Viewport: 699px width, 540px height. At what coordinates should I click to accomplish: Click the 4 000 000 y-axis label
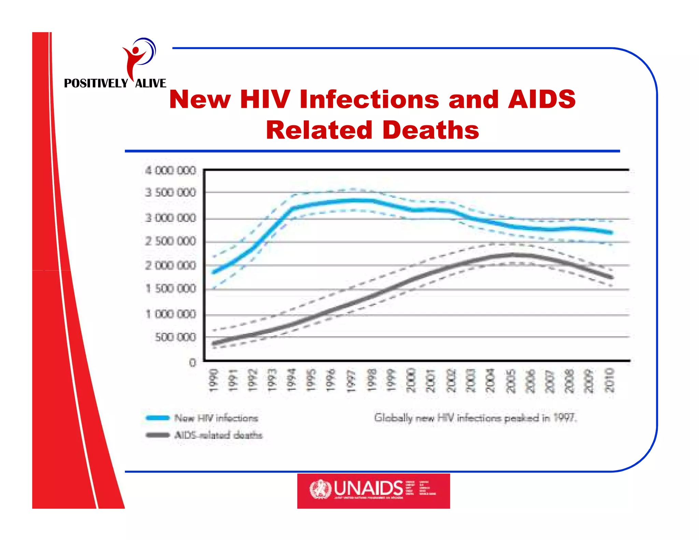click(171, 170)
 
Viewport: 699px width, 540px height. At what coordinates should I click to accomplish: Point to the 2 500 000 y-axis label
click(171, 241)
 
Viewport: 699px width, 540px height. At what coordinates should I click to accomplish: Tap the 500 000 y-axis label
click(175, 337)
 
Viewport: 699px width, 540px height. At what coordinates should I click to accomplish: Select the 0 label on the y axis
click(193, 363)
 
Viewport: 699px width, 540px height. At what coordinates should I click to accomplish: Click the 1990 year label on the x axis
click(213, 380)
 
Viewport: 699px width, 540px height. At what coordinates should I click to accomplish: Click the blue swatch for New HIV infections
click(158, 418)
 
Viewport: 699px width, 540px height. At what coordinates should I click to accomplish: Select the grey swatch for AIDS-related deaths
click(158, 435)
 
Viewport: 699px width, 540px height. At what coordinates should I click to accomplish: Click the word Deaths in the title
click(431, 130)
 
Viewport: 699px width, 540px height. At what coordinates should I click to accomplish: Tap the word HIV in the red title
click(265, 99)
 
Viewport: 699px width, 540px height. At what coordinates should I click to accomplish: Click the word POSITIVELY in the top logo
click(96, 83)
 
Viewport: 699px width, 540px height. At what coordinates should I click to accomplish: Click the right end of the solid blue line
click(611, 232)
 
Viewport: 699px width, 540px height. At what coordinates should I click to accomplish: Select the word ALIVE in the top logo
click(151, 83)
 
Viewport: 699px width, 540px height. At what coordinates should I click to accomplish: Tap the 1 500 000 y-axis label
click(171, 289)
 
